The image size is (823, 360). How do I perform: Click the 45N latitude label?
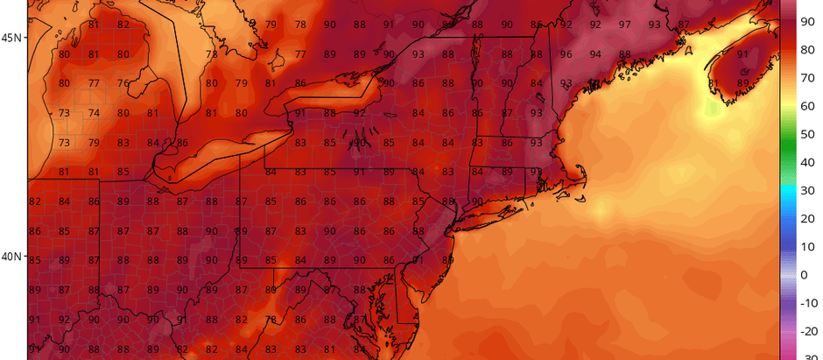pos(11,39)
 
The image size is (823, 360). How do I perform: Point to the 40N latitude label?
pos(11,257)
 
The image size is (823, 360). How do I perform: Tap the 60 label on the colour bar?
pos(808,105)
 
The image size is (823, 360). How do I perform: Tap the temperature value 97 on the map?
pos(624,25)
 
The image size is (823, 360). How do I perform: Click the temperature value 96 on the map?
pos(566,54)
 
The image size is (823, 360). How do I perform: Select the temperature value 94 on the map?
pos(595,54)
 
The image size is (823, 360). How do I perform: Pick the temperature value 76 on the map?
pos(123,84)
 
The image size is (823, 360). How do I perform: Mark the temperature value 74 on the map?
pos(94,114)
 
